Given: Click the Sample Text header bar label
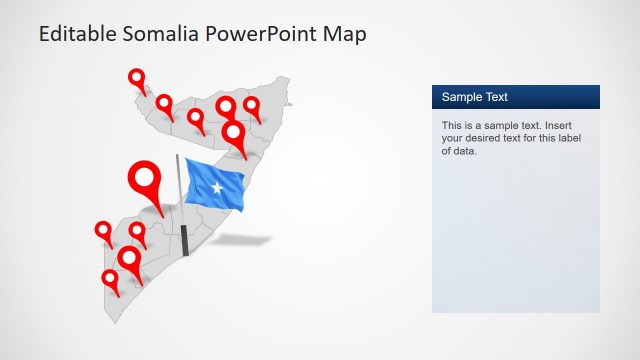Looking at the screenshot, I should click(x=475, y=97).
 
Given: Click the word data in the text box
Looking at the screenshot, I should click(x=464, y=152).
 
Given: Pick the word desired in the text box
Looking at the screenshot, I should click(x=489, y=139).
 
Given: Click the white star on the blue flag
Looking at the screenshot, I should click(x=219, y=186).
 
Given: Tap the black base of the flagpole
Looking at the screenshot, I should click(x=185, y=241).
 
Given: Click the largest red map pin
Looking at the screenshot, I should click(x=146, y=180).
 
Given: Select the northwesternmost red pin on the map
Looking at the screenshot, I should click(x=136, y=77).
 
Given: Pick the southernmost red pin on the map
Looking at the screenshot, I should click(x=110, y=279).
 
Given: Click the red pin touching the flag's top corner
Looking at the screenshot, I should click(x=234, y=133).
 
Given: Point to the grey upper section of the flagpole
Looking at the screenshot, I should click(x=179, y=185).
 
